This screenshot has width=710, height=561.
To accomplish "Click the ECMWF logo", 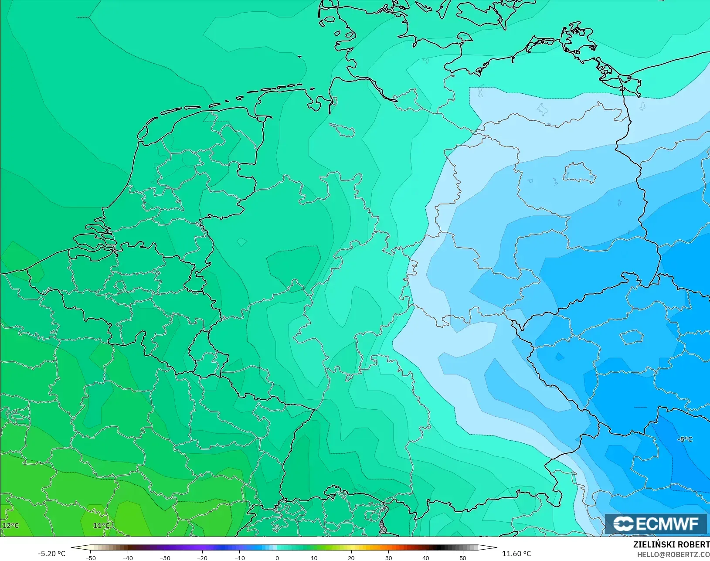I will click(656, 524).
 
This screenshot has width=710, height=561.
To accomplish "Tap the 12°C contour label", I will click(11, 525).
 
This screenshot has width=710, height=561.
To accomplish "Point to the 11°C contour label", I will click(102, 525).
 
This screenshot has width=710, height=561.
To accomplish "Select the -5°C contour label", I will click(685, 439).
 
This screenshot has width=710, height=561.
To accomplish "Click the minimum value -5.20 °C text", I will click(51, 554).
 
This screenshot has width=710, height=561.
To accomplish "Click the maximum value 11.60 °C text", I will click(516, 554).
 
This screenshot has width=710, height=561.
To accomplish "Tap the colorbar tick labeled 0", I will click(277, 558).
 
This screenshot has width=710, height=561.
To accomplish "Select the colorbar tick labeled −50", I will click(90, 558).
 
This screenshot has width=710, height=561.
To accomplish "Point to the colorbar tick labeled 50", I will click(463, 558).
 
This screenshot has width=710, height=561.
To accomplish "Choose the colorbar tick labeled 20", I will click(351, 558).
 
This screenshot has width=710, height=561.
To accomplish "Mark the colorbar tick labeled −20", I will click(202, 558).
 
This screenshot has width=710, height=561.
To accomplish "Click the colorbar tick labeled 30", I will click(388, 558).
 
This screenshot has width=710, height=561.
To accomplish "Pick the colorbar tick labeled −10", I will click(239, 558).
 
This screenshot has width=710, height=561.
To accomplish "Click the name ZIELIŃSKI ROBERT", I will click(671, 544).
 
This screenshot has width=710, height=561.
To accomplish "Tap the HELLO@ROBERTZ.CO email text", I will click(673, 554).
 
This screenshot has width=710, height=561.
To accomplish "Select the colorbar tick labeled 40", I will click(426, 558).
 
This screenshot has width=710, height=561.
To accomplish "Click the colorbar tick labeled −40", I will click(127, 558).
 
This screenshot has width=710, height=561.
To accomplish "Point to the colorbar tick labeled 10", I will click(314, 558).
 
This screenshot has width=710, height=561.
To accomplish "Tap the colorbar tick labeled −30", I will click(165, 558).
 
